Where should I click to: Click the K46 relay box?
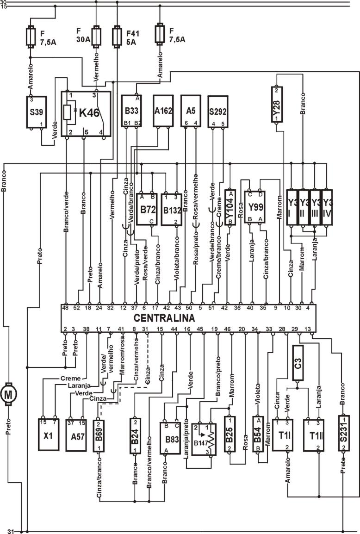pos(87,114)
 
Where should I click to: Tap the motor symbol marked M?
pos(8,394)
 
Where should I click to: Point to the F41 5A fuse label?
pos(132,37)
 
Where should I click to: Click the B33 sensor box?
pos(132,111)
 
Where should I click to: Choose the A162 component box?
pos(163,111)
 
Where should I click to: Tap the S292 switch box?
pos(218,111)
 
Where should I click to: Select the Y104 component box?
pos(230,207)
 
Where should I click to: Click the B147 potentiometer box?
pos(204,439)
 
